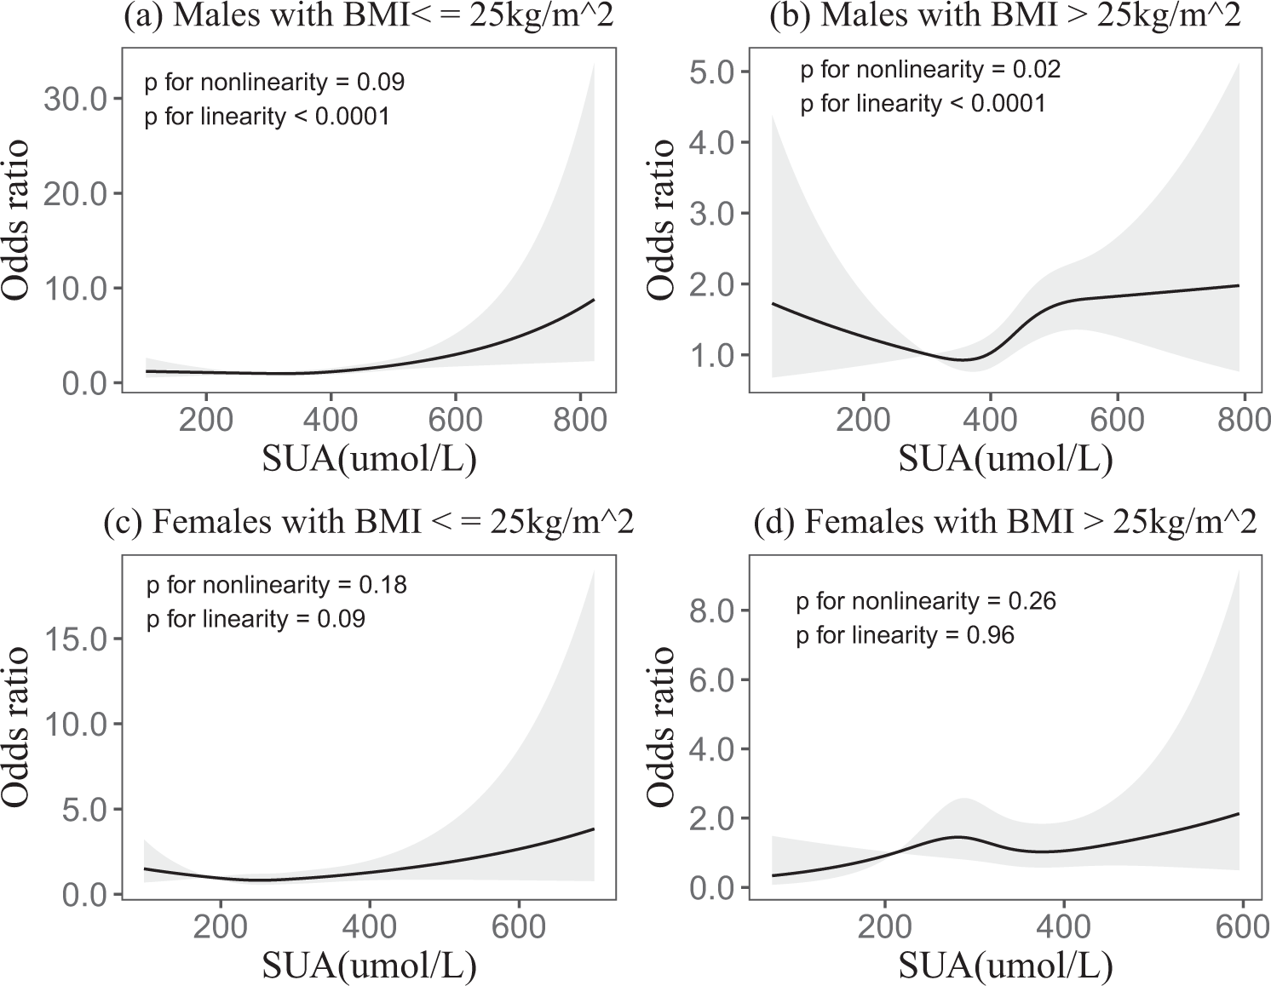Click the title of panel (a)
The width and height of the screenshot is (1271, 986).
(x=368, y=18)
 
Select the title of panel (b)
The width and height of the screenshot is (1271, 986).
(x=1004, y=18)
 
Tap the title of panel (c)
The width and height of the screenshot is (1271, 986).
(x=368, y=522)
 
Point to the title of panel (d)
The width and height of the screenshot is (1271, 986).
(x=1005, y=522)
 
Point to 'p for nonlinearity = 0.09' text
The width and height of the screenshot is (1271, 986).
(x=274, y=82)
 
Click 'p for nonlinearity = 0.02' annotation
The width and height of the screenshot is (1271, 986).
(x=930, y=70)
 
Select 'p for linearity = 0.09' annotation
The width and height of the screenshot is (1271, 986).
(x=256, y=618)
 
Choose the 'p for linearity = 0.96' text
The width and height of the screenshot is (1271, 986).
(x=905, y=635)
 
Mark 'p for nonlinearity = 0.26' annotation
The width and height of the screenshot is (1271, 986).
(x=925, y=602)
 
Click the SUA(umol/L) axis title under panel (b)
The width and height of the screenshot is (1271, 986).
(x=1004, y=460)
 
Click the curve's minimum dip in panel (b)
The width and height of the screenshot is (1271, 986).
(x=963, y=359)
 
